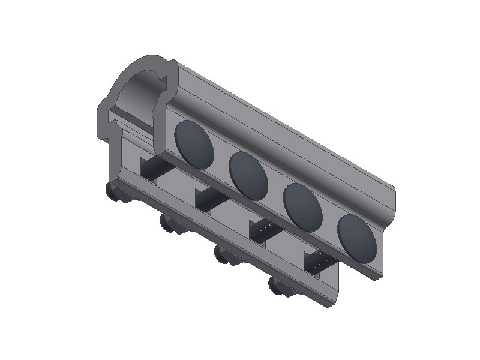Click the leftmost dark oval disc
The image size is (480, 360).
pyautogui.click(x=194, y=143)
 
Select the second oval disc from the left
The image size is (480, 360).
pyautogui.click(x=248, y=175)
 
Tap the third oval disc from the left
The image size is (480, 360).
pyautogui.click(x=302, y=207)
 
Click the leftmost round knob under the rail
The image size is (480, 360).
pyautogui.click(x=112, y=191)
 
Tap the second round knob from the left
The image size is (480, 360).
pyautogui.click(x=166, y=224)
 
